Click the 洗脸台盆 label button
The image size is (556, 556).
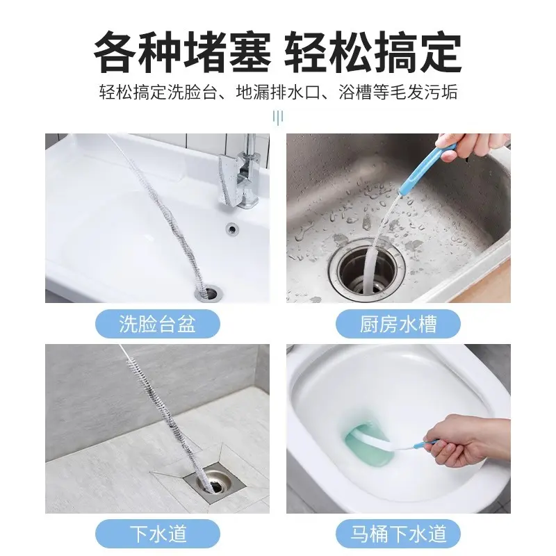pos(157,324)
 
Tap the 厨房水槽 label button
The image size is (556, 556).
pos(399,324)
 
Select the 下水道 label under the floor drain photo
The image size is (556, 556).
pos(157,534)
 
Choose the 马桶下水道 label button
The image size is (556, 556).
pos(399,534)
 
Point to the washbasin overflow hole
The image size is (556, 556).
pos(232,227)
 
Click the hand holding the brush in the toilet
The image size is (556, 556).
pos(466,438)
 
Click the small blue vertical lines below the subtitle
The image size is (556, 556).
pos(278,117)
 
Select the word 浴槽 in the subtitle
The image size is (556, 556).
pos(355,92)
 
